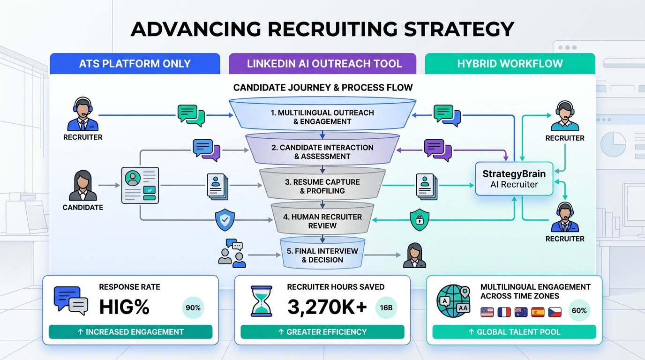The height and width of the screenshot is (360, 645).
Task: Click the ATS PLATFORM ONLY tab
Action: tap(135, 64)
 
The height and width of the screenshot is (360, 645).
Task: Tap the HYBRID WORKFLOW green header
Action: tap(510, 64)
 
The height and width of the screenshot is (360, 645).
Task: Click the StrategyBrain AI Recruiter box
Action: tap(514, 179)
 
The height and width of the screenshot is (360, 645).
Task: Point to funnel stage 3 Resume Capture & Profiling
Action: tap(322, 186)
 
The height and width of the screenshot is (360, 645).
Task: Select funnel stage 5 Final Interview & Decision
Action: tap(322, 255)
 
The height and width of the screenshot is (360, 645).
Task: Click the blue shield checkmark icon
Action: tap(225, 219)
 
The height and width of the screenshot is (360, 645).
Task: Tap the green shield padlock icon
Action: tap(419, 219)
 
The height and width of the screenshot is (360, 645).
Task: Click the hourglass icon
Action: tap(262, 302)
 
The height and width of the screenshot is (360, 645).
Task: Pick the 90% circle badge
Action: tap(193, 308)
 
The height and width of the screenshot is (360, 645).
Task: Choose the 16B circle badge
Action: tap(387, 308)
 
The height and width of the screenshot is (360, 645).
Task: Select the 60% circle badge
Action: tap(579, 310)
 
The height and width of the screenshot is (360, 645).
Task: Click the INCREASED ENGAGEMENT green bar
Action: tap(130, 332)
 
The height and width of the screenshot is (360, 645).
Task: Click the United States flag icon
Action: tap(487, 311)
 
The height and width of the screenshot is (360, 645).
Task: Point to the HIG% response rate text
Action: tap(124, 307)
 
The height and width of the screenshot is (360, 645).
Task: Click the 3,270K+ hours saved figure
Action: tap(327, 307)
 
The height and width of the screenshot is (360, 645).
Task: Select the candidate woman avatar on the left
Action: tap(83, 186)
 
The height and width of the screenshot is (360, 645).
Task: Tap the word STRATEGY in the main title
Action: tap(459, 29)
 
